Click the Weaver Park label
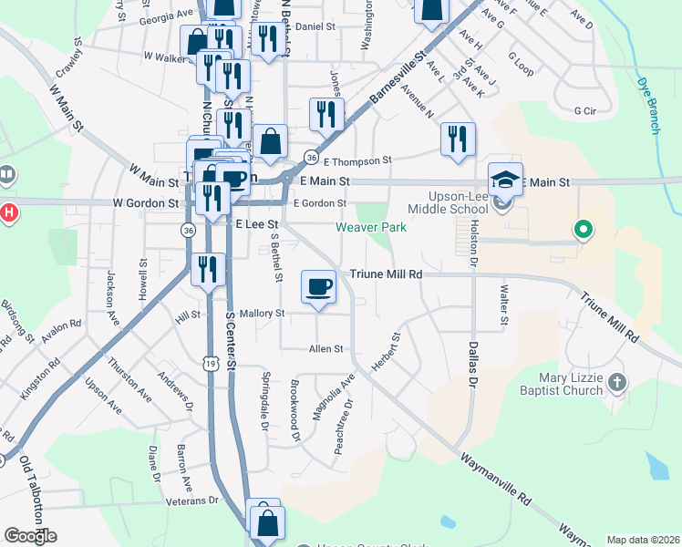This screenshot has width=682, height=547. point(370,227)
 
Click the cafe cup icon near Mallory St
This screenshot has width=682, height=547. point(318,286)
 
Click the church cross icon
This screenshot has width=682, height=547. point(617,382)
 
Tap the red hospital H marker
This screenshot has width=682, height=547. point(8,213)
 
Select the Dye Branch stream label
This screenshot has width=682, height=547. point(650,104)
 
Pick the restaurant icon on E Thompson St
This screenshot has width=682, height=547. point(458,139)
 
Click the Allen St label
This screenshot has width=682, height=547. point(325,348)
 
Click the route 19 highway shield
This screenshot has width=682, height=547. point(212,364)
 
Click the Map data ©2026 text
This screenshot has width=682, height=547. point(642,540)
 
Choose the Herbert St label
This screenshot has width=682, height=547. point(386,351)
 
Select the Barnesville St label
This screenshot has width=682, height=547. point(398,78)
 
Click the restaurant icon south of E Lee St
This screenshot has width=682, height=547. point(209,269)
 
